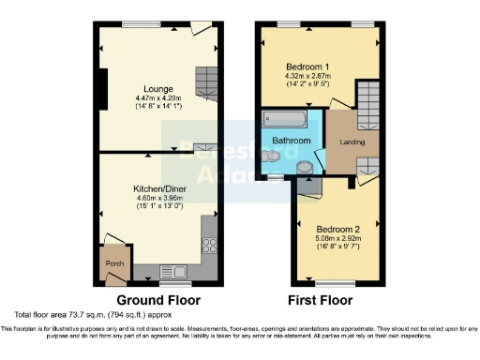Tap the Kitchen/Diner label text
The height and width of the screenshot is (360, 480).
pyautogui.click(x=159, y=188)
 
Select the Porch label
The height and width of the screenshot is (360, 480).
pyautogui.click(x=114, y=263)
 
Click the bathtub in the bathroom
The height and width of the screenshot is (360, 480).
pyautogui.click(x=282, y=120)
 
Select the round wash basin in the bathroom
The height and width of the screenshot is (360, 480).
pyautogui.click(x=307, y=167)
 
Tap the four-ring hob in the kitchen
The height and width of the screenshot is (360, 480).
pyautogui.click(x=209, y=247)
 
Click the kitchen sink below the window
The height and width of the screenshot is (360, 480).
pyautogui.click(x=174, y=272)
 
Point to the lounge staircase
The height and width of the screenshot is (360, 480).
pyautogui.click(x=206, y=83)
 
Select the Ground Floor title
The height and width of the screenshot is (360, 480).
pyautogui.click(x=159, y=300)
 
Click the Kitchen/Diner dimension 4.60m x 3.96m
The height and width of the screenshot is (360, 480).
pyautogui.click(x=159, y=198)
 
